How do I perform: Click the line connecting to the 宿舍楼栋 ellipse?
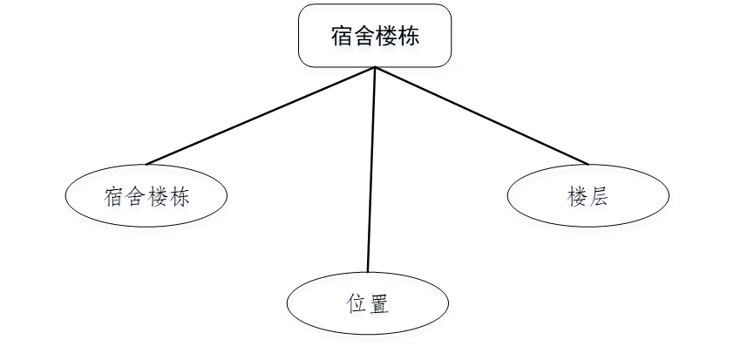261,116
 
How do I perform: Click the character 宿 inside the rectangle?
342,36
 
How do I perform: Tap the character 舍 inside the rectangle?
364,36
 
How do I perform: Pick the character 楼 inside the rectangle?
386,36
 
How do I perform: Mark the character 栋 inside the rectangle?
408,36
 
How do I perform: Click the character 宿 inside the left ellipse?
112,197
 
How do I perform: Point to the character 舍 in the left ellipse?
134,197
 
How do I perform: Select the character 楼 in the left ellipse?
157,197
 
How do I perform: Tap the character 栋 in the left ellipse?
180,197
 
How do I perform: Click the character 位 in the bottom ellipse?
356,305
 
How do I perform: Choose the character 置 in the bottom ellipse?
378,305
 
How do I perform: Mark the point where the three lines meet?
375,68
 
